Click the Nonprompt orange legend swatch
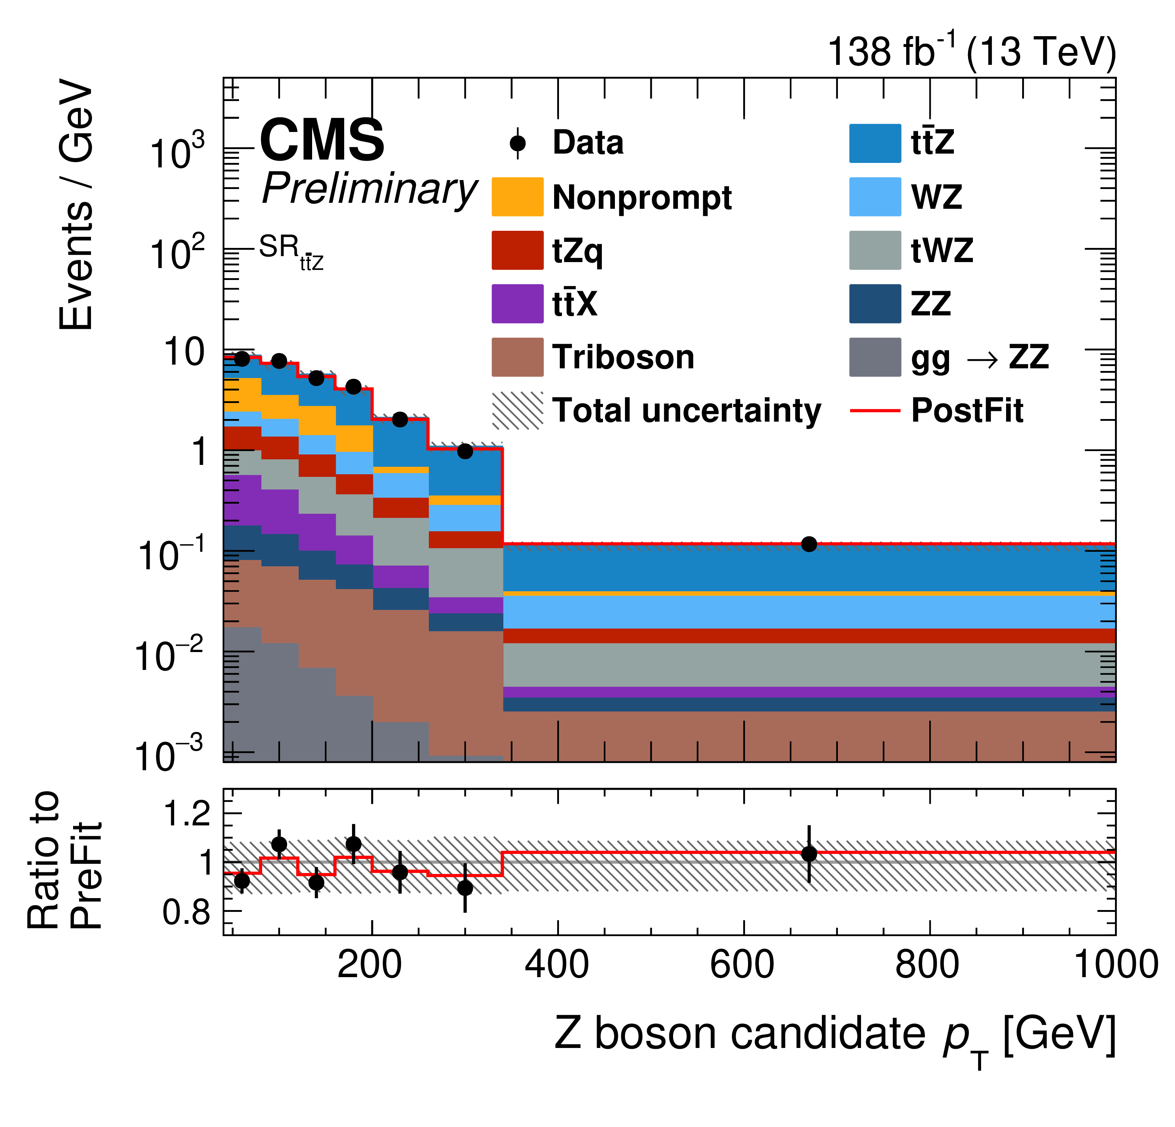(517, 196)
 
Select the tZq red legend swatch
(517, 250)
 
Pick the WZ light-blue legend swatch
(875, 196)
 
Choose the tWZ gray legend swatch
(875, 250)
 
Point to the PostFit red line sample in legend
(875, 410)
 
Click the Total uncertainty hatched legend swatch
(517, 410)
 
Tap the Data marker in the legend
(517, 143)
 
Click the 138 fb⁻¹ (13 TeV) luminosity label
(971, 52)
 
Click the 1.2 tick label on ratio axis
(186, 814)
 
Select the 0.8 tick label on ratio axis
(186, 912)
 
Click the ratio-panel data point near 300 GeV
(465, 888)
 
